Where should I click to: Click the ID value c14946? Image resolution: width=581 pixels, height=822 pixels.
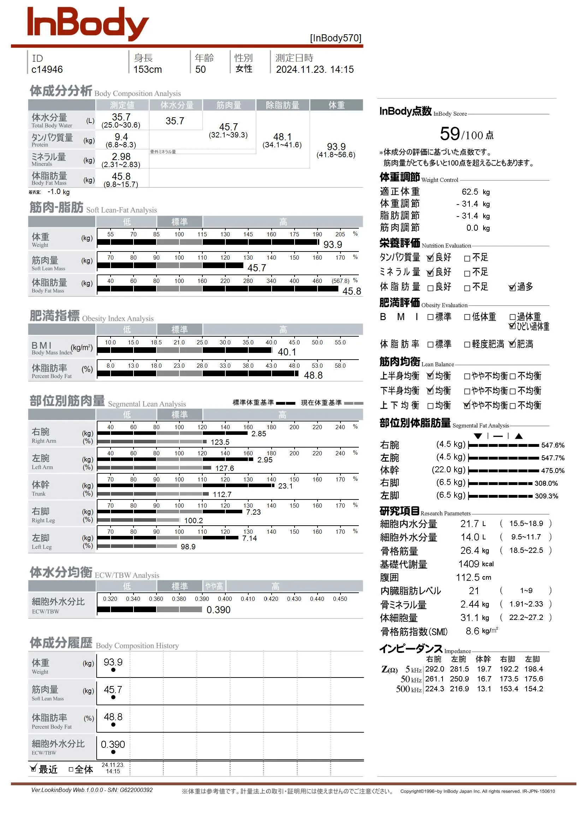point(47,70)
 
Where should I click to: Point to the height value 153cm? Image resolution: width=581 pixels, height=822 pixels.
point(148,70)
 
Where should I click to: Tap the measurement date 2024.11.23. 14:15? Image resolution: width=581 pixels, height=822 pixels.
point(315,70)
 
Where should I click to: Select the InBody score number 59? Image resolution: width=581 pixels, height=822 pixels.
point(450,134)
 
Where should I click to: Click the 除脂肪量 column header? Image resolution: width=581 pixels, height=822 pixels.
point(283,105)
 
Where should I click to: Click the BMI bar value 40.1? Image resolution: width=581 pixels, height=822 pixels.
point(287,352)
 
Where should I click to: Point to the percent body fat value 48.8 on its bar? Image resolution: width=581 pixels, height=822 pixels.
point(313,375)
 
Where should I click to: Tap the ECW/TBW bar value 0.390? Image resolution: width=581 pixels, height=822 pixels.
point(218,610)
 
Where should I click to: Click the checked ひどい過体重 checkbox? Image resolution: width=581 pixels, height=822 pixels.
point(512,326)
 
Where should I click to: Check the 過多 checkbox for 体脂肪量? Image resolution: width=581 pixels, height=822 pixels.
point(512,288)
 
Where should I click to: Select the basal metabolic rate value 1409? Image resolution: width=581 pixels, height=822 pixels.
point(469,564)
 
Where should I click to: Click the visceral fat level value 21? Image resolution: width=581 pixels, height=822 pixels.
point(474,591)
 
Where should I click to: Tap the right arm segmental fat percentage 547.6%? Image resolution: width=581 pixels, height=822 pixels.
point(553,445)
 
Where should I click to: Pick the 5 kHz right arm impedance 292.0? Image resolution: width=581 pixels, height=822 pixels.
point(434,669)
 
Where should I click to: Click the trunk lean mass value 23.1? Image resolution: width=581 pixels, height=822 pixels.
point(285,486)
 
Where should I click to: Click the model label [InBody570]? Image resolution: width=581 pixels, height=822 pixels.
point(336,38)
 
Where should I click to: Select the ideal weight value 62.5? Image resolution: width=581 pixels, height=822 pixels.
point(470,192)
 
